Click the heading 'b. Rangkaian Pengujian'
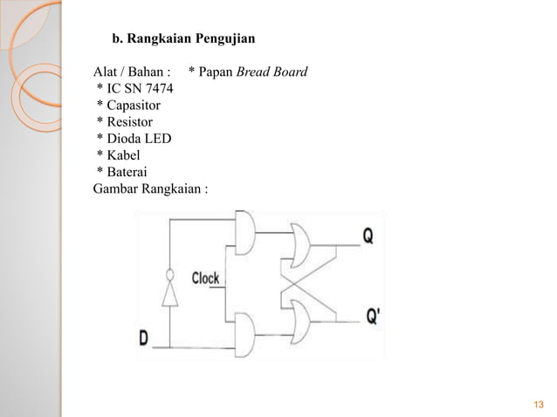point(182,38)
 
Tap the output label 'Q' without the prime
point(370,236)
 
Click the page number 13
point(537,403)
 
